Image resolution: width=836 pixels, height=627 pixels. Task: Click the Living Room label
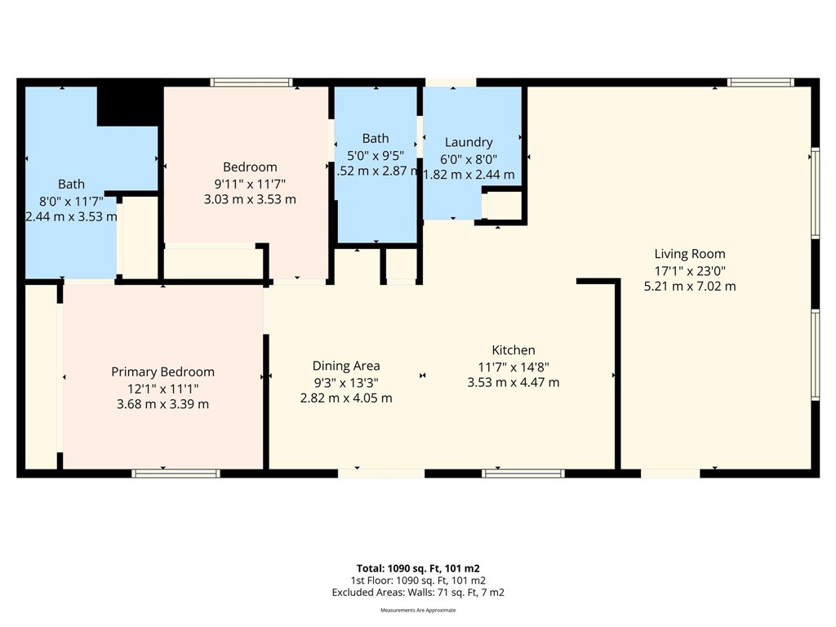(689, 254)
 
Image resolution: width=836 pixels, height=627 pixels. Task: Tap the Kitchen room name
(513, 350)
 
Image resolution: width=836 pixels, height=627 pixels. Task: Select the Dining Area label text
(346, 366)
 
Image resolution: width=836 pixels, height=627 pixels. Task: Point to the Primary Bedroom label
(162, 371)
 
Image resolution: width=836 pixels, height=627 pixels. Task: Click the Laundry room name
(469, 142)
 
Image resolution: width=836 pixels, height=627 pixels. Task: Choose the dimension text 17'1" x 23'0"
(689, 270)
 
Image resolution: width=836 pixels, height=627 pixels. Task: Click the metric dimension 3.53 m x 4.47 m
(513, 382)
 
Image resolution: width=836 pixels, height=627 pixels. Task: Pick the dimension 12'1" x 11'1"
(162, 388)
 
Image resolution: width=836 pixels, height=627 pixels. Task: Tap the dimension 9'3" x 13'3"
(346, 382)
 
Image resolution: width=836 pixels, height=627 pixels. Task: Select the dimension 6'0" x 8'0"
(469, 158)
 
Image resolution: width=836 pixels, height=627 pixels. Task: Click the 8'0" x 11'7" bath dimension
(71, 201)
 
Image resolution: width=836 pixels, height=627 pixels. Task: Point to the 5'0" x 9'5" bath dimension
(376, 155)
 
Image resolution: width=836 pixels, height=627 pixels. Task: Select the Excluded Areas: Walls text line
(417, 593)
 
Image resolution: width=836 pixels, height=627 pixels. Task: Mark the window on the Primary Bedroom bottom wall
(176, 473)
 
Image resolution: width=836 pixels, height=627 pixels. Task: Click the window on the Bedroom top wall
(251, 82)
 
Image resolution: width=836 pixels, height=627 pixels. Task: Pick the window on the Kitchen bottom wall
(523, 473)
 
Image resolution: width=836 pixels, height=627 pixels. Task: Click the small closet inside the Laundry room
(502, 206)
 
